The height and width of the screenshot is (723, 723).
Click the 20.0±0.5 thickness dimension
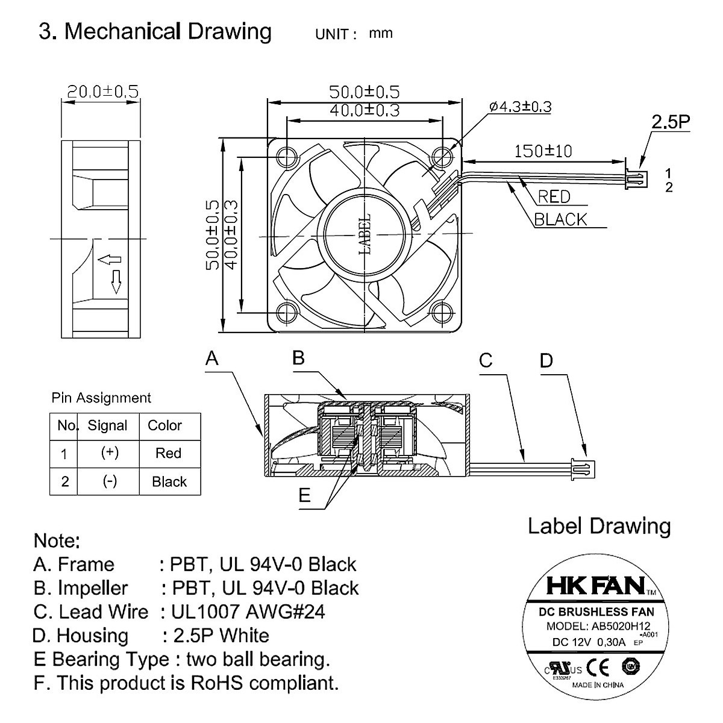pyautogui.click(x=102, y=92)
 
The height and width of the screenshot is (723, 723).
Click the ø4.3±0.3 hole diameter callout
pyautogui.click(x=520, y=107)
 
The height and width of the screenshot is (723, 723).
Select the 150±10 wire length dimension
pyautogui.click(x=543, y=151)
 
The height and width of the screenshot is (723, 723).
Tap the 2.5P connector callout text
pyautogui.click(x=670, y=122)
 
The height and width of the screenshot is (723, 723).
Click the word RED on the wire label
pyautogui.click(x=554, y=196)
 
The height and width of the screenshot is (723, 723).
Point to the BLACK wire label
pyautogui.click(x=560, y=219)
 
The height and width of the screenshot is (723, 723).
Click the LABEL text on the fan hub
pyautogui.click(x=365, y=235)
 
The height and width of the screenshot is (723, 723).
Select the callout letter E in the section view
pyautogui.click(x=305, y=495)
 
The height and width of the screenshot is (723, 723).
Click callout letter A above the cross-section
pyautogui.click(x=212, y=359)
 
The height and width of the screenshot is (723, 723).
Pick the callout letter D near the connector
pyautogui.click(x=546, y=361)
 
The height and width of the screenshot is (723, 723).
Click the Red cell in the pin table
pyautogui.click(x=168, y=453)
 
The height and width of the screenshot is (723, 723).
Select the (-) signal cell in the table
pyautogui.click(x=109, y=481)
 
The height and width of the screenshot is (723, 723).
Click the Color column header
pyautogui.click(x=164, y=425)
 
